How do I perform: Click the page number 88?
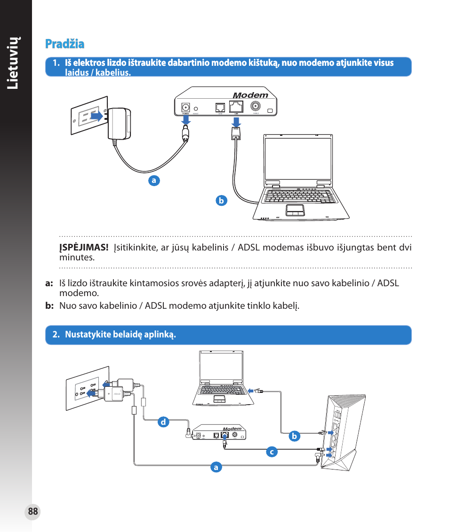pos(32,512)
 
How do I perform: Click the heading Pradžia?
pos(65,44)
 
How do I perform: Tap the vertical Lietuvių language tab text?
pos(16,63)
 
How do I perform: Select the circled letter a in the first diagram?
pos(153,180)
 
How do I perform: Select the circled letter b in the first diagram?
pos(221,200)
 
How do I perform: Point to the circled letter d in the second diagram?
pos(163,422)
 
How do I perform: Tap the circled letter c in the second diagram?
pos(271,452)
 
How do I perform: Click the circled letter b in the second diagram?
pos(294,436)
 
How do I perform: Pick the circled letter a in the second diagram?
pos(216,467)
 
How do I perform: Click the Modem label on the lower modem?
pos(232,429)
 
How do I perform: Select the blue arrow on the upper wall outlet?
pos(96,116)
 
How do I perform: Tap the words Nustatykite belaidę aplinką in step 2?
pos(120,335)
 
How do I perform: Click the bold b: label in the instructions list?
pos(50,306)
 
